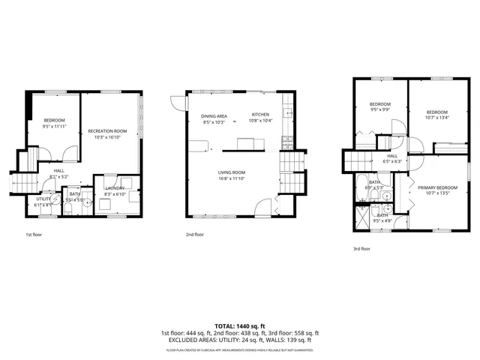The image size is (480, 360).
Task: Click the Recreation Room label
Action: [x=110, y=131]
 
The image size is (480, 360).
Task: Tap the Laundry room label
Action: [x=115, y=188]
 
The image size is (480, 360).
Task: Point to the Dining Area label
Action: [x=214, y=116]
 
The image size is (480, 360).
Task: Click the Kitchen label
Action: [x=260, y=115]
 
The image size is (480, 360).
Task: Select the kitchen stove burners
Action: [x=286, y=139]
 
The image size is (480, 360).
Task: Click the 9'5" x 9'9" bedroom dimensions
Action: [x=380, y=109]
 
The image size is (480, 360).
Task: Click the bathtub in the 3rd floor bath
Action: [x=361, y=188]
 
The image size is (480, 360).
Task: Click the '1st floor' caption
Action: [x=34, y=234]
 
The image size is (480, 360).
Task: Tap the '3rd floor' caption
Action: [x=362, y=248]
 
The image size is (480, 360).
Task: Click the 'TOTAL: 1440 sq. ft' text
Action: [x=239, y=326]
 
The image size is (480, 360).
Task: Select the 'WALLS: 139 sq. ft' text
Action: [x=289, y=340]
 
